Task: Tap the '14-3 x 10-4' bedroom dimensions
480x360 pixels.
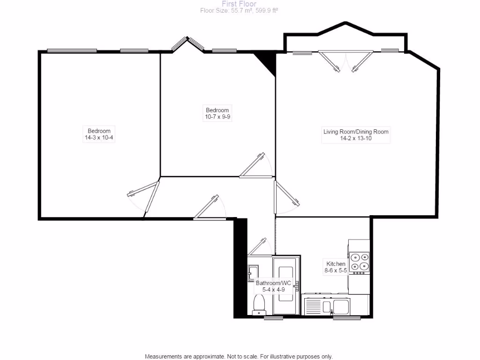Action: coord(99,138)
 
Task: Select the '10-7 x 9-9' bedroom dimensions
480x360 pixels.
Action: coord(217,117)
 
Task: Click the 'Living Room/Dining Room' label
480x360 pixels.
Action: coord(356,132)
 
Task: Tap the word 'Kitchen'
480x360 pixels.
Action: coord(335,264)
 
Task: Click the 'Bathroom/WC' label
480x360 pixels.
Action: coord(273,283)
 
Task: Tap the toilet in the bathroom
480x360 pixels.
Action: coord(259,303)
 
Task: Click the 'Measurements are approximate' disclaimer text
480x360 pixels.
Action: coord(239,356)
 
